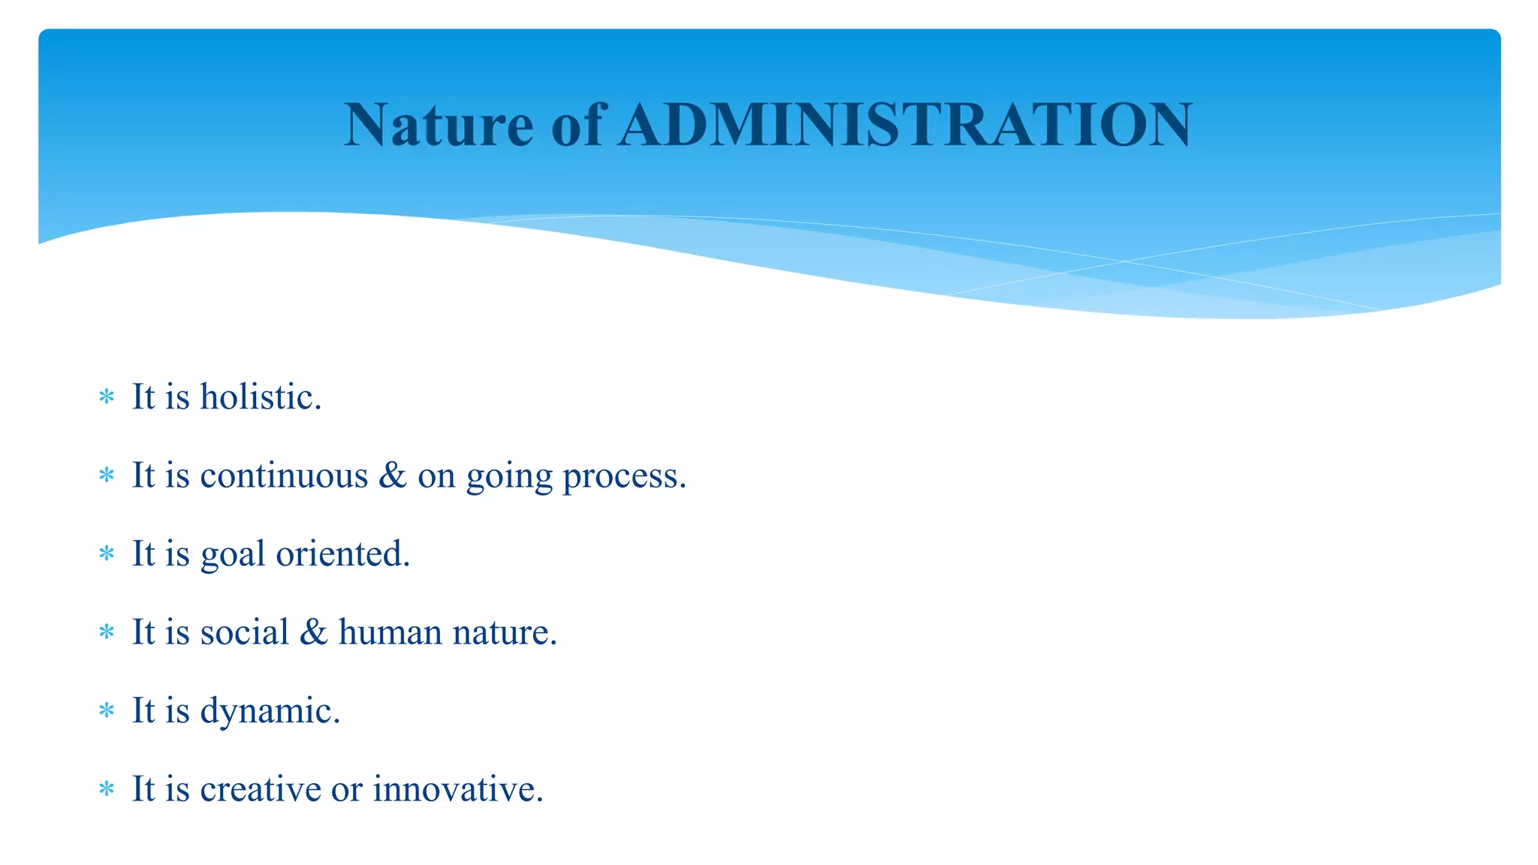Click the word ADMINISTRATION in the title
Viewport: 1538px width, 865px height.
click(906, 125)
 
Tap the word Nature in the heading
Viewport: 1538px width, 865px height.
click(439, 125)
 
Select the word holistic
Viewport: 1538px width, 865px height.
click(260, 396)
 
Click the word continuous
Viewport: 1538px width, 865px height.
click(284, 475)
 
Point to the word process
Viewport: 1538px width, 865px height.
click(624, 477)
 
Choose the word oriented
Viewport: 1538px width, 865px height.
click(342, 553)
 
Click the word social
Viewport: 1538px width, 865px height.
click(244, 631)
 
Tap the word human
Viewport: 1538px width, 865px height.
click(390, 631)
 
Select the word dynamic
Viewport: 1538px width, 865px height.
click(270, 711)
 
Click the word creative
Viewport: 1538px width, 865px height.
click(261, 788)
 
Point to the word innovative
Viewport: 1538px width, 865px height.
click(457, 788)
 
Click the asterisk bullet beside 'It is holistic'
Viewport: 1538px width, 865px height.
click(107, 396)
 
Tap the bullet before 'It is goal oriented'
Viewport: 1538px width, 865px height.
click(107, 554)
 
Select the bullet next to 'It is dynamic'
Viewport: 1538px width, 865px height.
click(107, 710)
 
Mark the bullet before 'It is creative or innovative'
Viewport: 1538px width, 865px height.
click(107, 789)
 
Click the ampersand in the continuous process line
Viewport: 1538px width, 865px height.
click(392, 475)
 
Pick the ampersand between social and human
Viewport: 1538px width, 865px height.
click(313, 631)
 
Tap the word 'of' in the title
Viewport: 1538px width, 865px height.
click(577, 125)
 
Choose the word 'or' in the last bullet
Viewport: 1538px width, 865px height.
click(346, 790)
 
